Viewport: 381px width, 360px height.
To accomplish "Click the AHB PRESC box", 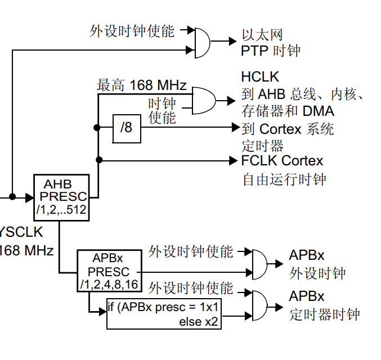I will coord(61,196).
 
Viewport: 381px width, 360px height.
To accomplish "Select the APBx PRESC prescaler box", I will coord(109,271).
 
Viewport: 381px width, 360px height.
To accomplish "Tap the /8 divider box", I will coord(126,128).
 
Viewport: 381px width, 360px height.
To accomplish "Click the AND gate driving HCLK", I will coord(203,101).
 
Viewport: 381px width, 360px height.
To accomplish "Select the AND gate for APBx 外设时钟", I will coord(259,263).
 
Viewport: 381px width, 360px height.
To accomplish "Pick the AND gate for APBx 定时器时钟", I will coord(259,306).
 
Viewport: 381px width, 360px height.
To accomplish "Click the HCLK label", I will coord(260,76).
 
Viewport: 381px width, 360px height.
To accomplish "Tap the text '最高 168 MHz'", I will coord(142,85).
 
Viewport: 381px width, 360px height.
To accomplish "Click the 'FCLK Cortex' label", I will coord(282,161).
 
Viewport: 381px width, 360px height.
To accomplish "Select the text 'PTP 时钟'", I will coord(270,51).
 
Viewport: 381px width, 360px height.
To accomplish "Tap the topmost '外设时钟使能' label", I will coord(132,30).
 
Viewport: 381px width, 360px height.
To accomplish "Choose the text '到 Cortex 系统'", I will coord(288,129).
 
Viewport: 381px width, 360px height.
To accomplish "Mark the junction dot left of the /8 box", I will coord(98,128).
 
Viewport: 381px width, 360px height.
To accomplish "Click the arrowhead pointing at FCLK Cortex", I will coord(236,161).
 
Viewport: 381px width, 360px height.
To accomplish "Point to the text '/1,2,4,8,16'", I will coord(109,284).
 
